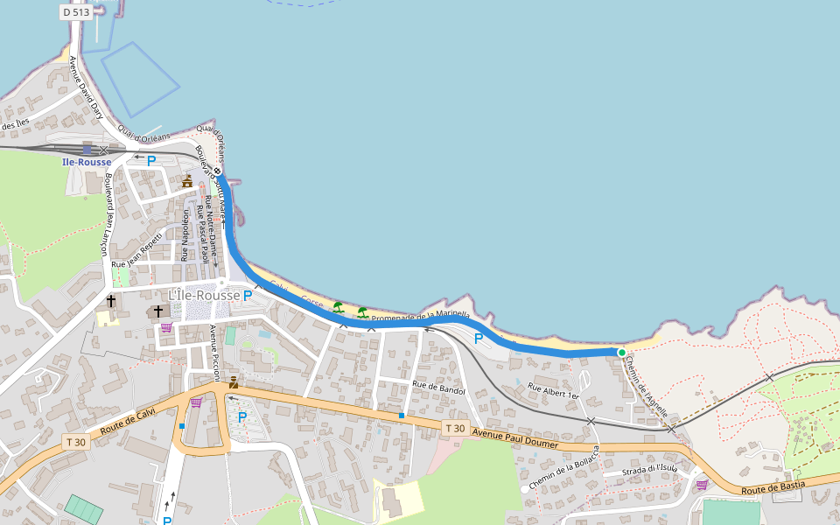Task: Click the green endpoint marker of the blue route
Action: tap(621, 353)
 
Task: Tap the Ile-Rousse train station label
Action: tap(87, 162)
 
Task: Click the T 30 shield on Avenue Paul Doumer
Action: tap(454, 428)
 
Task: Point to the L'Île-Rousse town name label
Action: tap(204, 296)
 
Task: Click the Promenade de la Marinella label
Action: tap(421, 316)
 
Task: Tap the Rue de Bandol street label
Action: tap(438, 389)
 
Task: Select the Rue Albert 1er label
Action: tap(553, 390)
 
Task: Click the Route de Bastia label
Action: tap(773, 487)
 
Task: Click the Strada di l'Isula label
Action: tap(649, 470)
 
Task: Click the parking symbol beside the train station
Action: tap(151, 161)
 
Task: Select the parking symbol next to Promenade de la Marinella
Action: tap(479, 338)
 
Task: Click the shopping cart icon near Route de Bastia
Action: tap(701, 484)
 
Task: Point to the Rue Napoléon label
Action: tap(185, 234)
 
